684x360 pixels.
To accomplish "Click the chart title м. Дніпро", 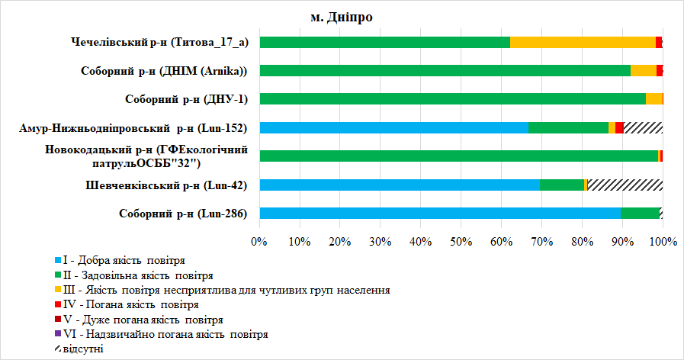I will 342,17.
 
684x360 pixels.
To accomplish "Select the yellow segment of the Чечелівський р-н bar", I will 583,42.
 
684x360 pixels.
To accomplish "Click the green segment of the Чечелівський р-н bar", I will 384,42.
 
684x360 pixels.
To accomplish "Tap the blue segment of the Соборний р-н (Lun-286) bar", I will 439,214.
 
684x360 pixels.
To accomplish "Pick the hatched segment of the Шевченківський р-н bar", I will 625,185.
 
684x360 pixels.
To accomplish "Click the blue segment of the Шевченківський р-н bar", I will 399,185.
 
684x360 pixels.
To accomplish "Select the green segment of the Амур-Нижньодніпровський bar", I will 568,127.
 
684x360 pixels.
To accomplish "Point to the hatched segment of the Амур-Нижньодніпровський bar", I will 643,127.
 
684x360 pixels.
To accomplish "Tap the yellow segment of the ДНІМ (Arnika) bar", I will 644,71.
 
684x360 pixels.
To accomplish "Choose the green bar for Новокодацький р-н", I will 458,156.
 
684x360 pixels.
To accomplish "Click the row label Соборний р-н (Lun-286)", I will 183,214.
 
